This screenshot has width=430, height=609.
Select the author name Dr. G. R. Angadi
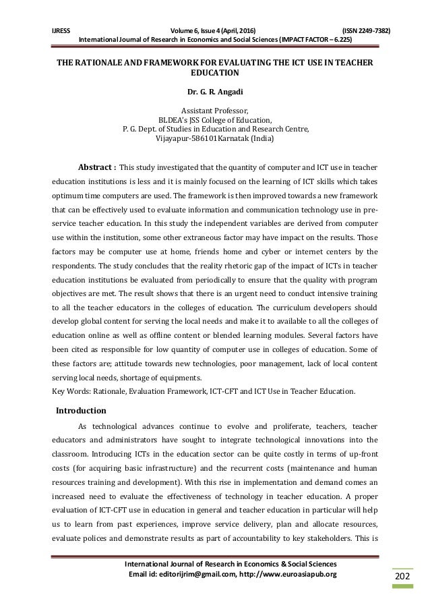[214, 89]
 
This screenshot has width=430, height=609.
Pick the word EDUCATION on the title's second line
[214, 71]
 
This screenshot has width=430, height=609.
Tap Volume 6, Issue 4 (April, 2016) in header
[214, 30]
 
